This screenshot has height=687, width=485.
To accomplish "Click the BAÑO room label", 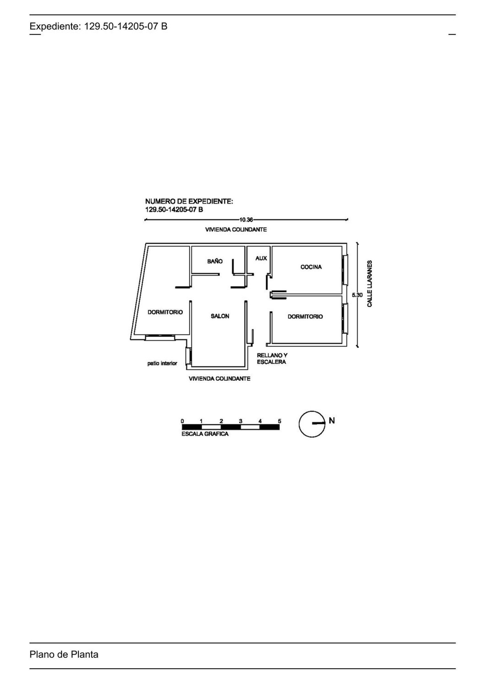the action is (x=215, y=261).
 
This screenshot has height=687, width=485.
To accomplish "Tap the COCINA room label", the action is (x=311, y=267).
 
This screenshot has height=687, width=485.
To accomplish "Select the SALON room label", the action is (x=220, y=316).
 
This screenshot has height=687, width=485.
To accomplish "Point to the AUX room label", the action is (x=261, y=258).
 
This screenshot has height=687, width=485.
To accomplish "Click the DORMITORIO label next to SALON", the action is (x=165, y=312).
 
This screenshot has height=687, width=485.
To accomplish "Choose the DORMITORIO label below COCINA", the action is (x=305, y=316).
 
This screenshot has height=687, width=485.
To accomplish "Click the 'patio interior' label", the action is (x=162, y=363).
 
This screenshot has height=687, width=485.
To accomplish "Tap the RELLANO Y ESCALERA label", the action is (x=272, y=359).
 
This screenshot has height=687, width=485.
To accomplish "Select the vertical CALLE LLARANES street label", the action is (x=370, y=283).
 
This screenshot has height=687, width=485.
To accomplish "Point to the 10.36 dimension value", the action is (x=246, y=220).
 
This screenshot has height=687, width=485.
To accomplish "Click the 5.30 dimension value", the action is (x=357, y=295).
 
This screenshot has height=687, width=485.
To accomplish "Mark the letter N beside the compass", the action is (x=332, y=421).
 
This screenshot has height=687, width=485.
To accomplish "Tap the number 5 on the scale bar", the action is (x=280, y=421).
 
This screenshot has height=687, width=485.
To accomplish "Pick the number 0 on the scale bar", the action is (x=182, y=421).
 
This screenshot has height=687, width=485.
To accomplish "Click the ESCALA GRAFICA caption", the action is (x=205, y=434).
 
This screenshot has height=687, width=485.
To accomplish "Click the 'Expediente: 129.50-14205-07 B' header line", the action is (x=99, y=26).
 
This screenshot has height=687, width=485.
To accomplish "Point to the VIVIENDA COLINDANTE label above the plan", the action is (x=236, y=229).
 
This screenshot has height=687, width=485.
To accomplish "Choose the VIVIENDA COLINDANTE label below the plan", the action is (x=220, y=379).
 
